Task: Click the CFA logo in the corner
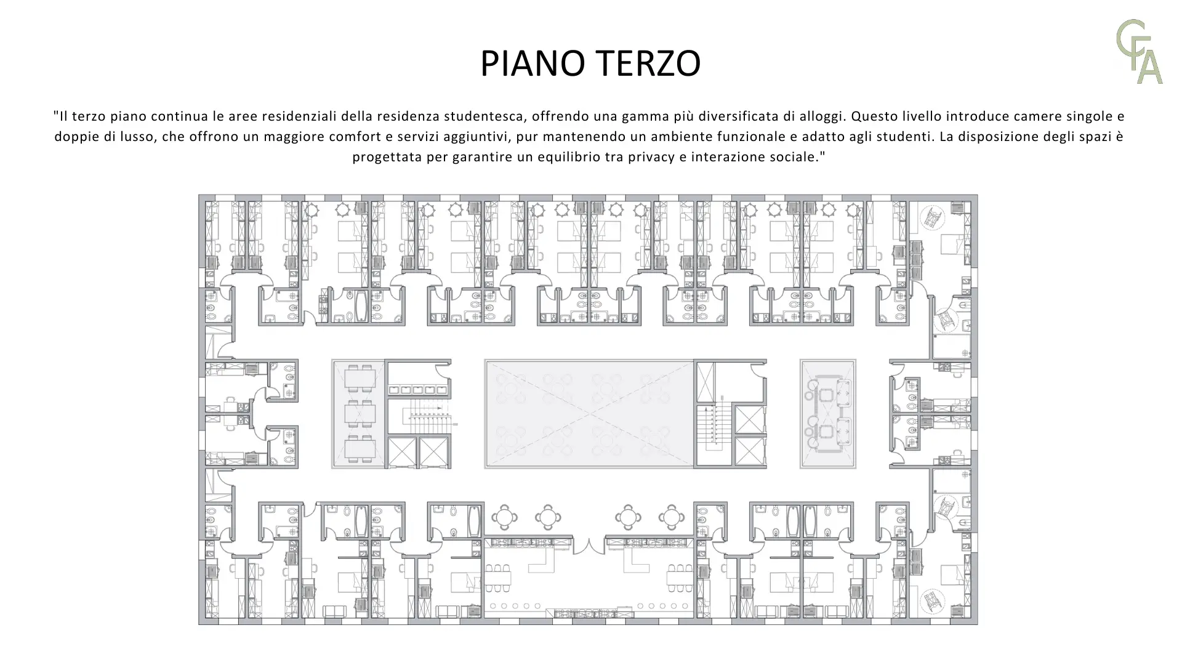tap(1140, 52)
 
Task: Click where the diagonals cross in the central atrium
tap(589, 414)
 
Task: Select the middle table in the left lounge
tap(360, 414)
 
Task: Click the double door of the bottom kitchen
tap(589, 546)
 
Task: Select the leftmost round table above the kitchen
tap(504, 517)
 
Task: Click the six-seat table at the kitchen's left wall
tap(497, 578)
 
